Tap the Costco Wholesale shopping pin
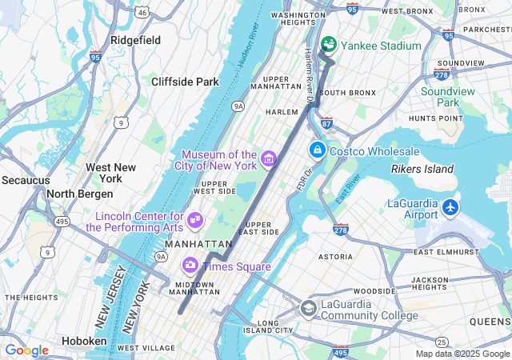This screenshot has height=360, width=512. (318, 150)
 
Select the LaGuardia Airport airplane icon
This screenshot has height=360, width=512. (450, 207)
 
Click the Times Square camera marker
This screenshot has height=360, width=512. (190, 264)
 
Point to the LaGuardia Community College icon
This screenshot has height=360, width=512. (309, 308)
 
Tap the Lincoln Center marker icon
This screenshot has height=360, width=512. (195, 219)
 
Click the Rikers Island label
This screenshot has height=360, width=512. (422, 169)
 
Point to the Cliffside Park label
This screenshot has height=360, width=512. (185, 82)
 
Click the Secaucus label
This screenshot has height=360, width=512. (25, 180)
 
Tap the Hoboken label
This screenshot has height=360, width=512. (83, 341)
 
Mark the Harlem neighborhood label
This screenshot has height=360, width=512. (282, 112)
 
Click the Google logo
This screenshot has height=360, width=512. (26, 350)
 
